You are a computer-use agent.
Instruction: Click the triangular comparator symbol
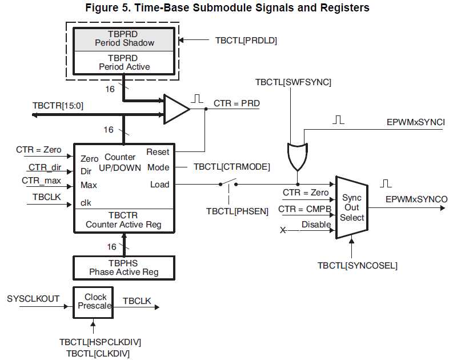coord(176,109)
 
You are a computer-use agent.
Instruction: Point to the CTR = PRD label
coord(236,103)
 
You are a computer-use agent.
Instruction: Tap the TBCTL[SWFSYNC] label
coord(293,82)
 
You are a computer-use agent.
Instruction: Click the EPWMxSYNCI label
coord(415,122)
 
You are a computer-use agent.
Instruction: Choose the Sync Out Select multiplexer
coord(352,207)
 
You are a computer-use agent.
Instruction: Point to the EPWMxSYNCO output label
coord(416,199)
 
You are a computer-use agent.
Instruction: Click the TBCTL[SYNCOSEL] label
coord(358,265)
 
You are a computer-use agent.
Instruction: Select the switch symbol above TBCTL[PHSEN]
coord(228,183)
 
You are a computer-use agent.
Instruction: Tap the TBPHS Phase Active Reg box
coord(123,267)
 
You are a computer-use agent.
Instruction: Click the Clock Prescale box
coord(95,301)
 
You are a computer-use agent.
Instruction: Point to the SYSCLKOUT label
coord(33,299)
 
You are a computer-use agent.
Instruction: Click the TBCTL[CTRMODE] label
coord(231,167)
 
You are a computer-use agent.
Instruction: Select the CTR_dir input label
coord(45,167)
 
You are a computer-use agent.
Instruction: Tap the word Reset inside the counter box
coord(158,152)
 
